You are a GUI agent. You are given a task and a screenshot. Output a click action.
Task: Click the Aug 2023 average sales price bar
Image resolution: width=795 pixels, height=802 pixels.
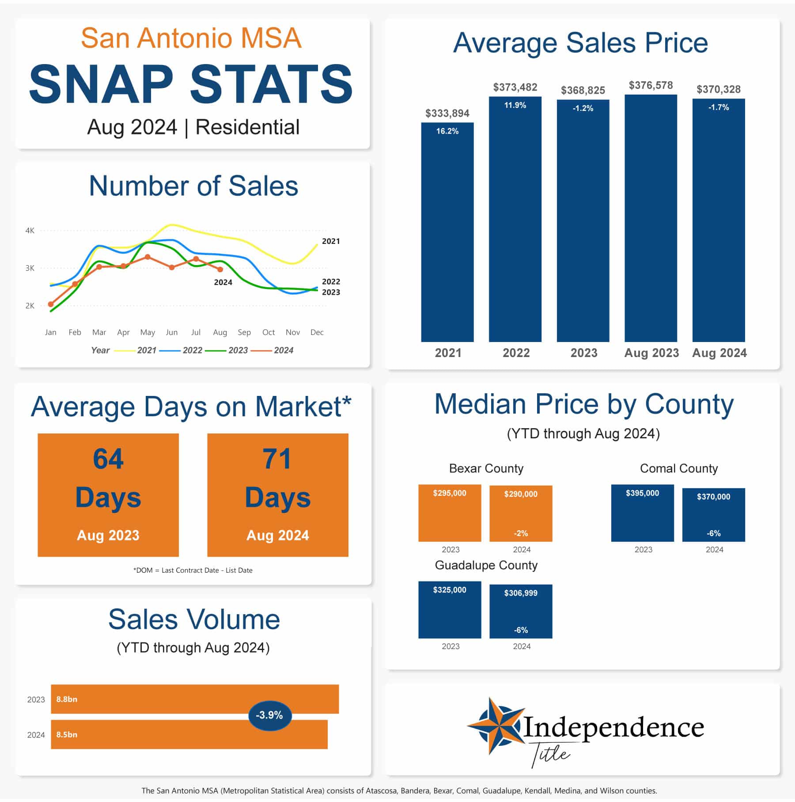coord(651,218)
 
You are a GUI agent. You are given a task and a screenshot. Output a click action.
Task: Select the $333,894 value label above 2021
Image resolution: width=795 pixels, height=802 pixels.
coord(447,114)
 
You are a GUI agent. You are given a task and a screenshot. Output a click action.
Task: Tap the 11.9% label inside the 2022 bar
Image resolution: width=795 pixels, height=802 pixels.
coord(515,105)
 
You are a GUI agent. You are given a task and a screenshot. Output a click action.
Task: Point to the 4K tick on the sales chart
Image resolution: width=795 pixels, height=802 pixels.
coord(30,231)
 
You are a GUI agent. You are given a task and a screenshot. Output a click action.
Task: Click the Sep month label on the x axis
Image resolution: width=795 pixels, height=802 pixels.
coord(244,332)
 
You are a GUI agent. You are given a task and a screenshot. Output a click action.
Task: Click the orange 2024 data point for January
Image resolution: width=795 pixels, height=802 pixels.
coord(51,304)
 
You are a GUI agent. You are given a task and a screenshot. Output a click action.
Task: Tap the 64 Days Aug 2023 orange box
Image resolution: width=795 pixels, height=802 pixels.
coord(108,495)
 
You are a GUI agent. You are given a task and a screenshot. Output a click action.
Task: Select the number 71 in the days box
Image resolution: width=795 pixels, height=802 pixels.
coord(277,459)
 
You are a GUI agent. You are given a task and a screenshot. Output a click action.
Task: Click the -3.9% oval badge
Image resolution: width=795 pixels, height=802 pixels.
coord(270,715)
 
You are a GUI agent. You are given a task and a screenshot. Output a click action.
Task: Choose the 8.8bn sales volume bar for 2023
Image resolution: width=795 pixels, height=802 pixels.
coord(195,699)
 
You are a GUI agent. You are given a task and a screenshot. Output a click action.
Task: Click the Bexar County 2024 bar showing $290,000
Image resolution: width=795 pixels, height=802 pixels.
coord(521,513)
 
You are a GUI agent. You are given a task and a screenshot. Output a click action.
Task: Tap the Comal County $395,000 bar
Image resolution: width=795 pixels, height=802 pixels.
coord(643,513)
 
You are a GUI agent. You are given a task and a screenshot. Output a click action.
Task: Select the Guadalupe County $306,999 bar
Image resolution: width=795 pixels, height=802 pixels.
coord(521,612)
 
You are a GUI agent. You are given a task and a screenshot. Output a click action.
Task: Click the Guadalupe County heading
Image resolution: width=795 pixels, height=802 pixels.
coord(486,566)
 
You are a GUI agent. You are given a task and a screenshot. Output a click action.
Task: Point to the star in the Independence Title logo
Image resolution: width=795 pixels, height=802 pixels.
coord(495,726)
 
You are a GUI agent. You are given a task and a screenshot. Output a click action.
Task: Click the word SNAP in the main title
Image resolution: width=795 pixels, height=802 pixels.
coord(101,84)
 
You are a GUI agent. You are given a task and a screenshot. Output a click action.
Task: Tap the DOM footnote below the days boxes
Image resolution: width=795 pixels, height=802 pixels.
coord(193,570)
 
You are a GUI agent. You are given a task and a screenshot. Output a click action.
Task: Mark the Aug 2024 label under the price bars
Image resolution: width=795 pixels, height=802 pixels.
coord(719,353)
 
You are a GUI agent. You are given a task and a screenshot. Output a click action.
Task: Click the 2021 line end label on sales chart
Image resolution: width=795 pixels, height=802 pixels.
coord(331,241)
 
